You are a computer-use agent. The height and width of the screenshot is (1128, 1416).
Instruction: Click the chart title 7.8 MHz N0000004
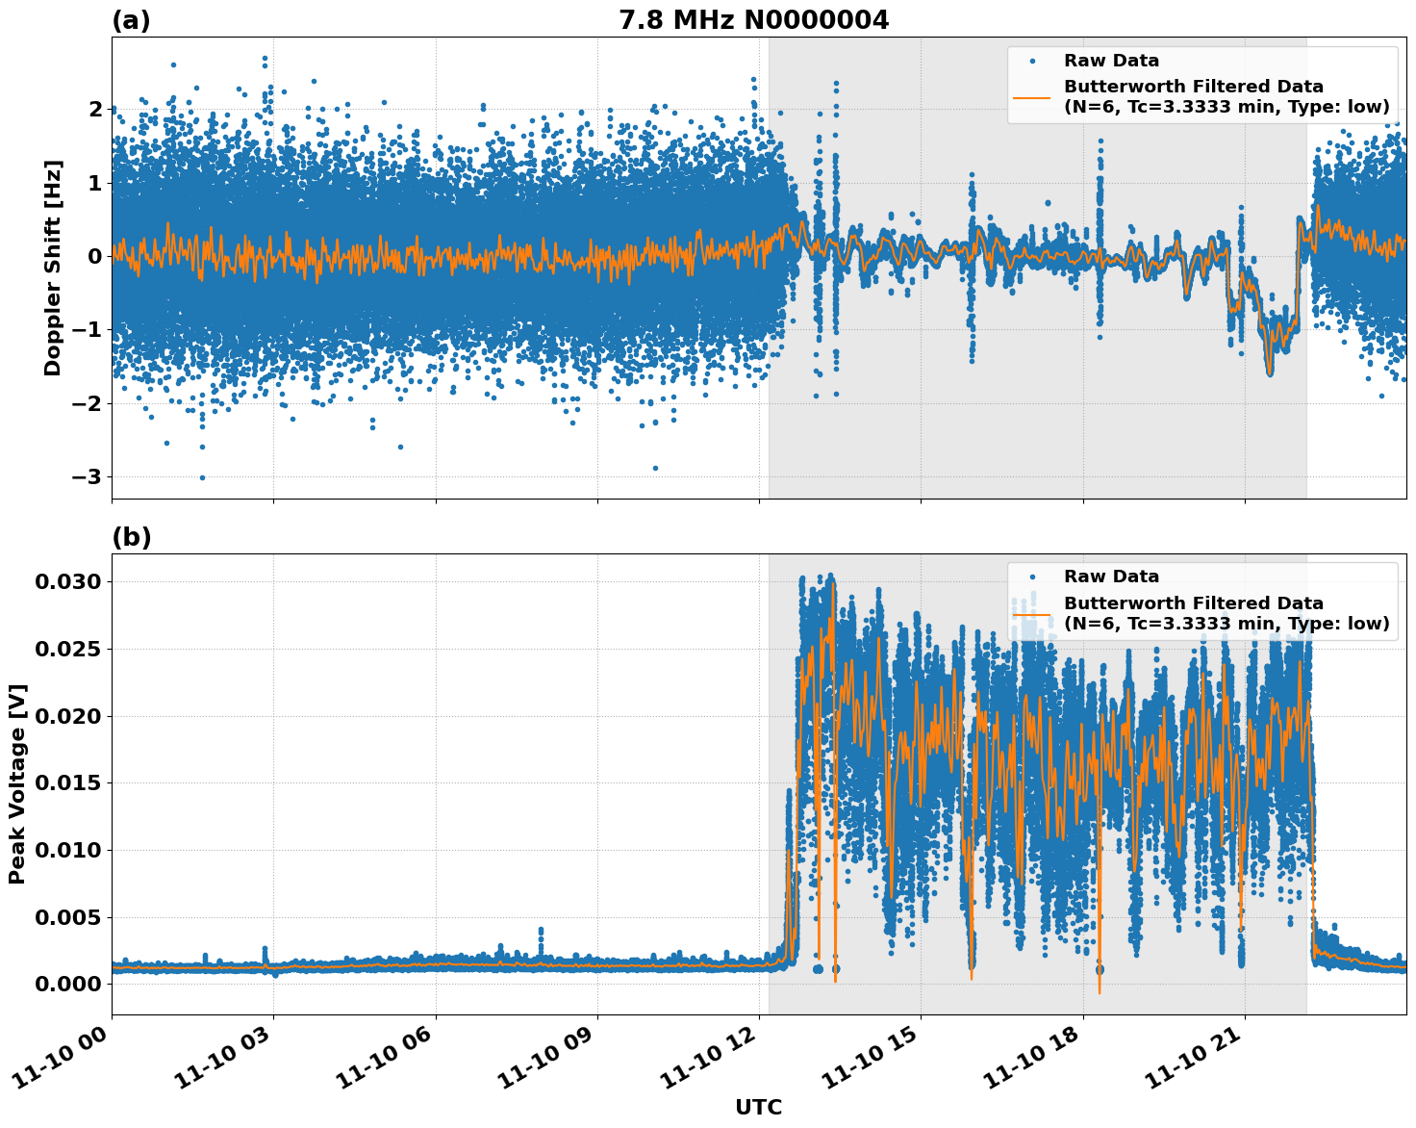tap(753, 20)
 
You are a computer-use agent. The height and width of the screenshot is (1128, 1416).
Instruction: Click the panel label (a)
tap(131, 20)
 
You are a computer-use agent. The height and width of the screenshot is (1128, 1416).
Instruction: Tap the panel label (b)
tap(132, 537)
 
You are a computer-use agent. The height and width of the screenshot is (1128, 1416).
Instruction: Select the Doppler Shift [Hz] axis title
tap(53, 268)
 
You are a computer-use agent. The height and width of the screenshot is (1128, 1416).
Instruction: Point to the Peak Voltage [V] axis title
tap(17, 783)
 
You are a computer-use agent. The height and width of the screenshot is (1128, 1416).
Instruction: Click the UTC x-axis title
tap(758, 1107)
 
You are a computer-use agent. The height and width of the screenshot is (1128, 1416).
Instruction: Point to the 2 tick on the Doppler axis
tap(95, 110)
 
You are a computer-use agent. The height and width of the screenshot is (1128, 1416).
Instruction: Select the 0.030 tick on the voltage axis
tap(67, 581)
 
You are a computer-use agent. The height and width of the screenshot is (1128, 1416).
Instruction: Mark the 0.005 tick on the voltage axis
tap(67, 917)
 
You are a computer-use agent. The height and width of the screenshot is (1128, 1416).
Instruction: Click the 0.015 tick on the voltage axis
tap(67, 783)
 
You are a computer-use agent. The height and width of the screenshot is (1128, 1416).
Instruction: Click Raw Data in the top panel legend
tap(1111, 61)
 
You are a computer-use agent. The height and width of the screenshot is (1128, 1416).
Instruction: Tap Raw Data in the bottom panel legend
tap(1111, 577)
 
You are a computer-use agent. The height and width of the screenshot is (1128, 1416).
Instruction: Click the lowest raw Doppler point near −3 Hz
tap(202, 477)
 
